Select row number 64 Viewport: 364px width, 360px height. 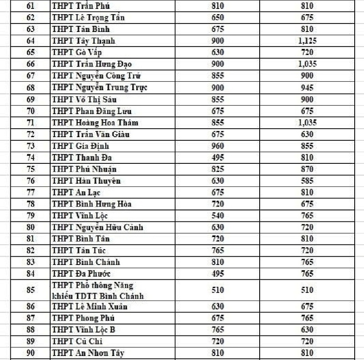[31, 41]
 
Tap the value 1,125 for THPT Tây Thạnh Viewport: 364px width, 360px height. [307, 41]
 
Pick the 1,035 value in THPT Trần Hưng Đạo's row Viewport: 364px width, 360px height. [307, 64]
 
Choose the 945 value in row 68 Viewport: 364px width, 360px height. [307, 87]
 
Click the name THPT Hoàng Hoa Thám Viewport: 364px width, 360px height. [95, 123]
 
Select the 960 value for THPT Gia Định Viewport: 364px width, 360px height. [218, 146]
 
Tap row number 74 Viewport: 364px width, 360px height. [31, 158]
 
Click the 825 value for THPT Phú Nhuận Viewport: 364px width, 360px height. [218, 169]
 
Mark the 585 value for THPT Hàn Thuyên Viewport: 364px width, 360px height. [307, 181]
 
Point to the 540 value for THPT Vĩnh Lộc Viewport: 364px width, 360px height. [218, 216]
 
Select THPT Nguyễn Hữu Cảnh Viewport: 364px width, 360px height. [97, 227]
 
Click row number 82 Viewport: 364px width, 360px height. [31, 251]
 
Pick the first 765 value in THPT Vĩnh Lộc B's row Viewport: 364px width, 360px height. [218, 330]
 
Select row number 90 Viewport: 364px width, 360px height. [31, 353]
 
